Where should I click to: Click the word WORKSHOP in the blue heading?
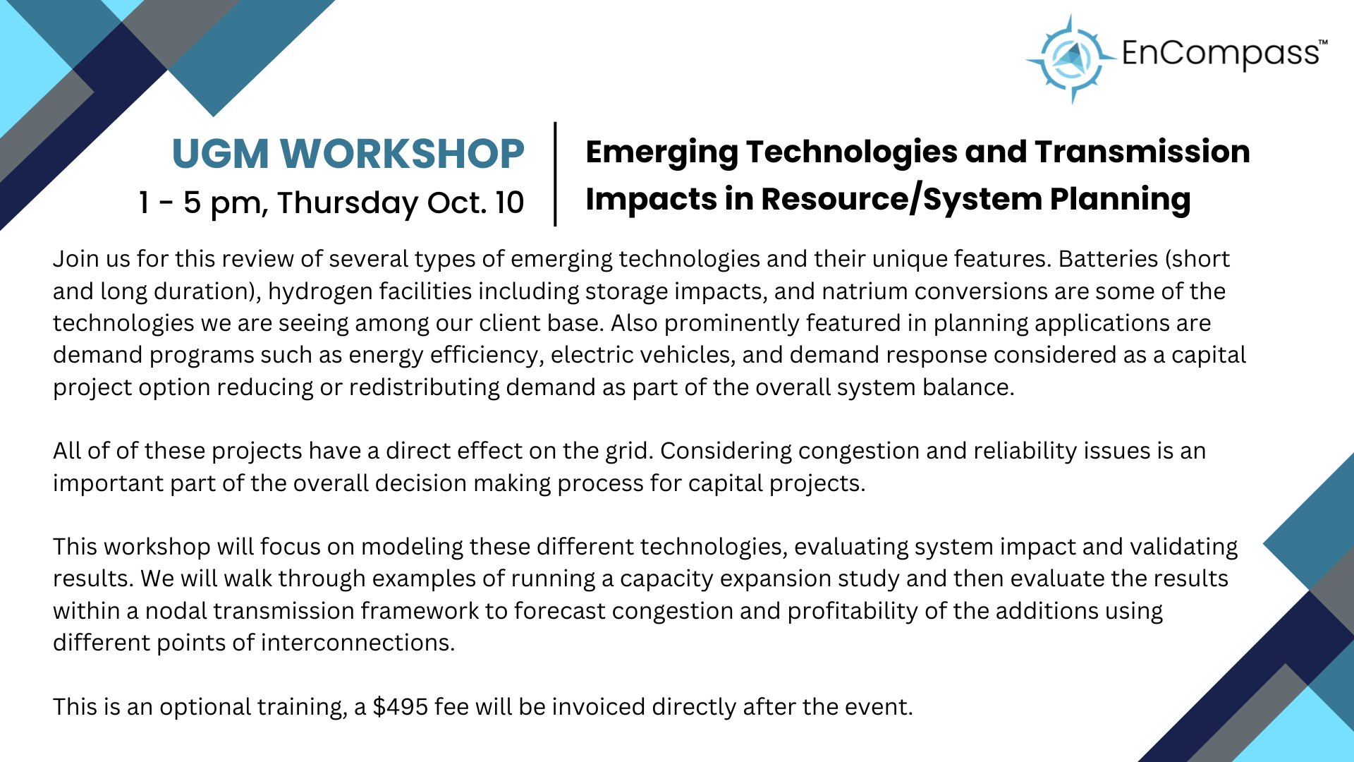pyautogui.click(x=402, y=154)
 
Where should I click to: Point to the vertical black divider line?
pyautogui.click(x=556, y=174)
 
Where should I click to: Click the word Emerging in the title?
pyautogui.click(x=661, y=152)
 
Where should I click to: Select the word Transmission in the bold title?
pyautogui.click(x=1142, y=152)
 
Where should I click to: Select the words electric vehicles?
pyautogui.click(x=640, y=355)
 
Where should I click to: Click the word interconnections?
pyautogui.click(x=357, y=643)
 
